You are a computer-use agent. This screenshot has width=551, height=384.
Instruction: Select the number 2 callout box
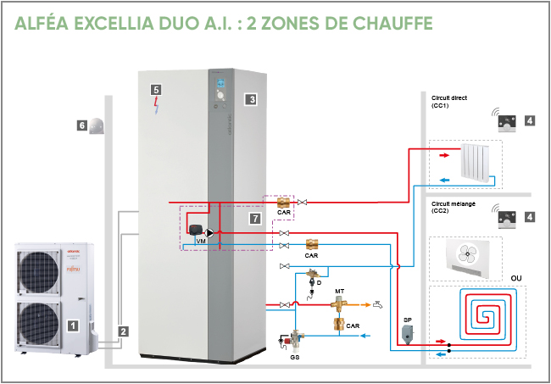click(124, 331)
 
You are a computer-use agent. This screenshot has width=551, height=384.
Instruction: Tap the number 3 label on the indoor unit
click(251, 99)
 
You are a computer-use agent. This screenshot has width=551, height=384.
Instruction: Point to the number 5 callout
click(155, 89)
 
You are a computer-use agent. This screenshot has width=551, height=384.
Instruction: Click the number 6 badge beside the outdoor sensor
click(82, 125)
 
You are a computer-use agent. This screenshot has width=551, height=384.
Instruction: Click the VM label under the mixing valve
click(201, 242)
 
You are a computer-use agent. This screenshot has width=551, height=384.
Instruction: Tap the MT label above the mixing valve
click(339, 291)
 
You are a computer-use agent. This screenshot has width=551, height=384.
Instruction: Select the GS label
click(293, 359)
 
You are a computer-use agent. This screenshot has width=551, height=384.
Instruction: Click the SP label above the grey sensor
click(407, 320)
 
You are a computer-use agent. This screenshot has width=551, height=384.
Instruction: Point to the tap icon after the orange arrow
click(378, 303)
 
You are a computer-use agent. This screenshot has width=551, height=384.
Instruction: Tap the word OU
click(515, 277)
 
